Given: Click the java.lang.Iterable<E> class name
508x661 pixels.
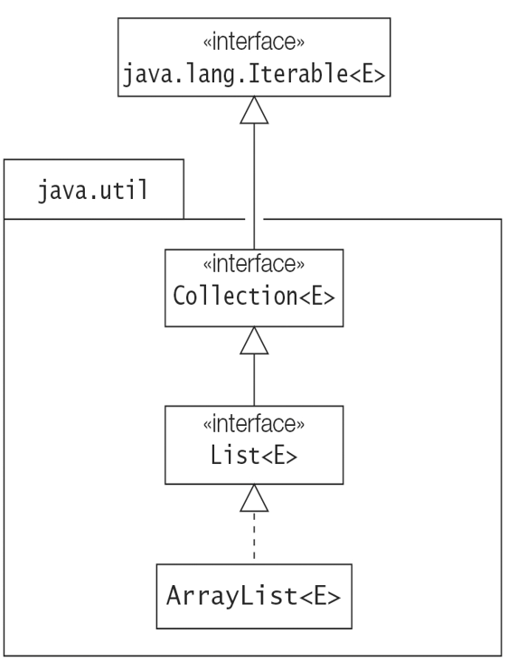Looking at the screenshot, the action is point(254,75).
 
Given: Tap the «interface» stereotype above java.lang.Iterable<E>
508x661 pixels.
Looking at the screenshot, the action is point(254,42).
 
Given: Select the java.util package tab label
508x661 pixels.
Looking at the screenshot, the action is point(93,191).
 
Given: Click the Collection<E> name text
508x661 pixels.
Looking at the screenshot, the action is point(254,296).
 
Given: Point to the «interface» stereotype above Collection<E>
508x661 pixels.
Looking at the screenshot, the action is point(254,264).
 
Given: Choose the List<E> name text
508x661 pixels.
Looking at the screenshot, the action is point(254,455).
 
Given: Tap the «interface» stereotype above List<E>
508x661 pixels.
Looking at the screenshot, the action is point(254,424).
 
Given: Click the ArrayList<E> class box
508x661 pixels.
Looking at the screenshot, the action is point(254,596).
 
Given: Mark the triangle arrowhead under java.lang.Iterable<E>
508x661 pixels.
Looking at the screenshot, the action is point(254,110).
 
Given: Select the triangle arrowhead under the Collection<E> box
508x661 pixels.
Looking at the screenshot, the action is point(254,340).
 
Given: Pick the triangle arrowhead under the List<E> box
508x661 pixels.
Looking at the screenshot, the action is point(254,498).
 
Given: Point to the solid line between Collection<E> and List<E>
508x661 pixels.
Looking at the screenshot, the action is point(254,380).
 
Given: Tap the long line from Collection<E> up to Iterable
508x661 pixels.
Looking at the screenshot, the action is point(254,187).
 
